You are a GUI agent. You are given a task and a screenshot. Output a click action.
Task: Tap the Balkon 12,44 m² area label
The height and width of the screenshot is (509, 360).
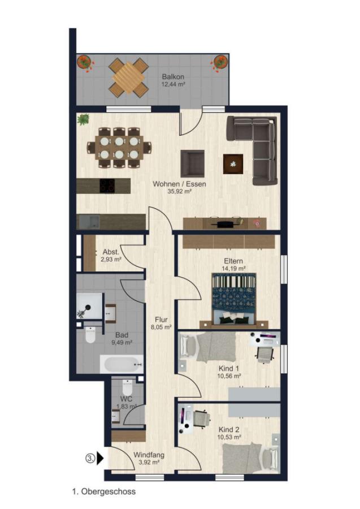coord(173,80)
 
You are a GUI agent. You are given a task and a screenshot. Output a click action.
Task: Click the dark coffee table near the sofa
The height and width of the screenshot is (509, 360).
coord(233,163)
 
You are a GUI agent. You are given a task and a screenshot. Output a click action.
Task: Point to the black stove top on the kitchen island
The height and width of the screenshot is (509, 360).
coord(107,186)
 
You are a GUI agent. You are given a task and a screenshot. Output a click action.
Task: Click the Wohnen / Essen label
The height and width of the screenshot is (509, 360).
coord(179,187)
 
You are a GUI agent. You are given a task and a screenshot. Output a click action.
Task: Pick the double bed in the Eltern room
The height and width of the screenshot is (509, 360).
coord(233,300)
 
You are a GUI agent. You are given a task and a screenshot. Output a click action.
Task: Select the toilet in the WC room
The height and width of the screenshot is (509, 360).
coord(127,388)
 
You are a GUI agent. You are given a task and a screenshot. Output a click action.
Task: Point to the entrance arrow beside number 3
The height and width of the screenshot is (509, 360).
coord(100,458)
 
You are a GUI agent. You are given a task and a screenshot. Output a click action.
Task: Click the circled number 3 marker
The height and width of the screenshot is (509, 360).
coord(90,458)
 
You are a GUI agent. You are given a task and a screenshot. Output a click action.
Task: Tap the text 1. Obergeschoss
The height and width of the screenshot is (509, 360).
coord(104,491)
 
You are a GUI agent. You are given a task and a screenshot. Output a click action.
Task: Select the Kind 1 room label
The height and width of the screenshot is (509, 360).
coord(229,372)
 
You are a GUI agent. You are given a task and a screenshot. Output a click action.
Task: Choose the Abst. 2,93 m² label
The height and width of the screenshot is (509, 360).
coord(110,255)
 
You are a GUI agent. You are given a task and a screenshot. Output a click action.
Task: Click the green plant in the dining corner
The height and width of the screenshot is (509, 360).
coord(84,119)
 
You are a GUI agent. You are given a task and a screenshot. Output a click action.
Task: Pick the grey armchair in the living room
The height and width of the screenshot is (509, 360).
coord(192,163)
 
